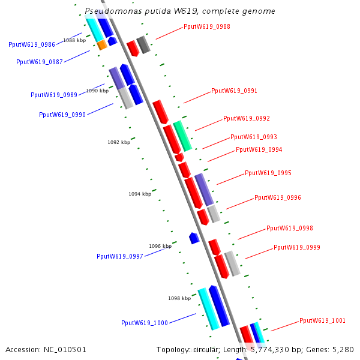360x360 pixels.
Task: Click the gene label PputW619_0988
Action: (207, 27)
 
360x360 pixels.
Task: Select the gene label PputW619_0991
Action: (235, 91)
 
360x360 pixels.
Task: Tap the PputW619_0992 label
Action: (247, 119)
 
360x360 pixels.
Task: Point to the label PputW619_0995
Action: (268, 173)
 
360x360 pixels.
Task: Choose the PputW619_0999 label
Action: (297, 247)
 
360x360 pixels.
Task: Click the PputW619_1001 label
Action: (323, 320)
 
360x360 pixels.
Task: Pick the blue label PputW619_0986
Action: (32, 45)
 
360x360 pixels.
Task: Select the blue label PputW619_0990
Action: (62, 115)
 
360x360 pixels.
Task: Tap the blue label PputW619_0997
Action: (120, 256)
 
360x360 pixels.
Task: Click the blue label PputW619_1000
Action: (145, 323)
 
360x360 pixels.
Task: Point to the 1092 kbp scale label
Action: (119, 143)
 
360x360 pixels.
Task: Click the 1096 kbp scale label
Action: (160, 246)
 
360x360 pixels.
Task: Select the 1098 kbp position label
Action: (179, 298)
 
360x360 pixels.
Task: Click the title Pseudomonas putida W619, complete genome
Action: (180, 11)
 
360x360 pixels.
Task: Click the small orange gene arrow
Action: (103, 45)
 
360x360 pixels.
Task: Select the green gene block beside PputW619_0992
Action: (182, 136)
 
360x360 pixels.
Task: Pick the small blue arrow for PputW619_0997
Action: (194, 238)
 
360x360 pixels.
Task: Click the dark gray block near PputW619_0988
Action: (143, 44)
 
